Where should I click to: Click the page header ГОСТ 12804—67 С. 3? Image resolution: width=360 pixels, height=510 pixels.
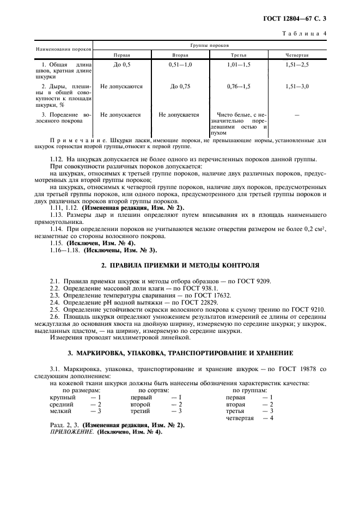[298, 19]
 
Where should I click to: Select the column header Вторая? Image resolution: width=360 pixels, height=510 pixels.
[180, 55]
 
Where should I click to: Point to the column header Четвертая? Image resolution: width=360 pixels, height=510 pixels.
[297, 55]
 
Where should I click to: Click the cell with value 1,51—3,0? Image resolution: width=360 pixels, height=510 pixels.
[297, 86]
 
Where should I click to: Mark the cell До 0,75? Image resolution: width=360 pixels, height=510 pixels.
[180, 86]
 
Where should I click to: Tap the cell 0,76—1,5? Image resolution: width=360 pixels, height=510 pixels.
[239, 86]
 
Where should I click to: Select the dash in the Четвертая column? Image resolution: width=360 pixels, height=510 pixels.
[297, 115]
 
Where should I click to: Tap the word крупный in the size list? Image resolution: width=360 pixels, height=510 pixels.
[61, 397]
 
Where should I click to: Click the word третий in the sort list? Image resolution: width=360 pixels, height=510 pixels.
[140, 411]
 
